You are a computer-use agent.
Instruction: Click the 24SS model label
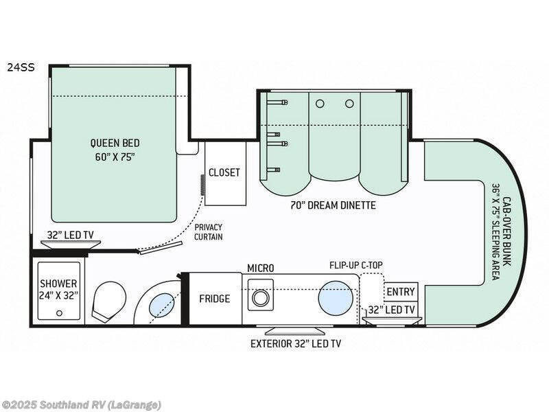click(21, 67)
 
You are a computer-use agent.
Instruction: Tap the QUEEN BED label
click(115, 143)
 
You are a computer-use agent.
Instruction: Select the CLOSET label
click(224, 172)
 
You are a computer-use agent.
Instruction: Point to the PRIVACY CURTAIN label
click(209, 231)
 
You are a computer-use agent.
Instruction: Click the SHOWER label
click(58, 283)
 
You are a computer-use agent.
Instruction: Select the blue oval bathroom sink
click(161, 304)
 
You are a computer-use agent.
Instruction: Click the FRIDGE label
click(215, 299)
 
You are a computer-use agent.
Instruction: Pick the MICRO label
click(261, 267)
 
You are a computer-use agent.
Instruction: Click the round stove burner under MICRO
click(260, 298)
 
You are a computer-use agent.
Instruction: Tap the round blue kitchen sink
click(336, 298)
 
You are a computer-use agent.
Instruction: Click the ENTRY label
click(401, 292)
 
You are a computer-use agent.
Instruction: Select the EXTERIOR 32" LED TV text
click(296, 343)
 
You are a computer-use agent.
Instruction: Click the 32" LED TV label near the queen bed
click(70, 235)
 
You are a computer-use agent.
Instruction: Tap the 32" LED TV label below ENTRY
click(392, 310)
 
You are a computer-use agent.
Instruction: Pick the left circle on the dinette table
click(319, 103)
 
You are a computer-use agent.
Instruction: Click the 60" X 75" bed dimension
click(115, 156)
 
